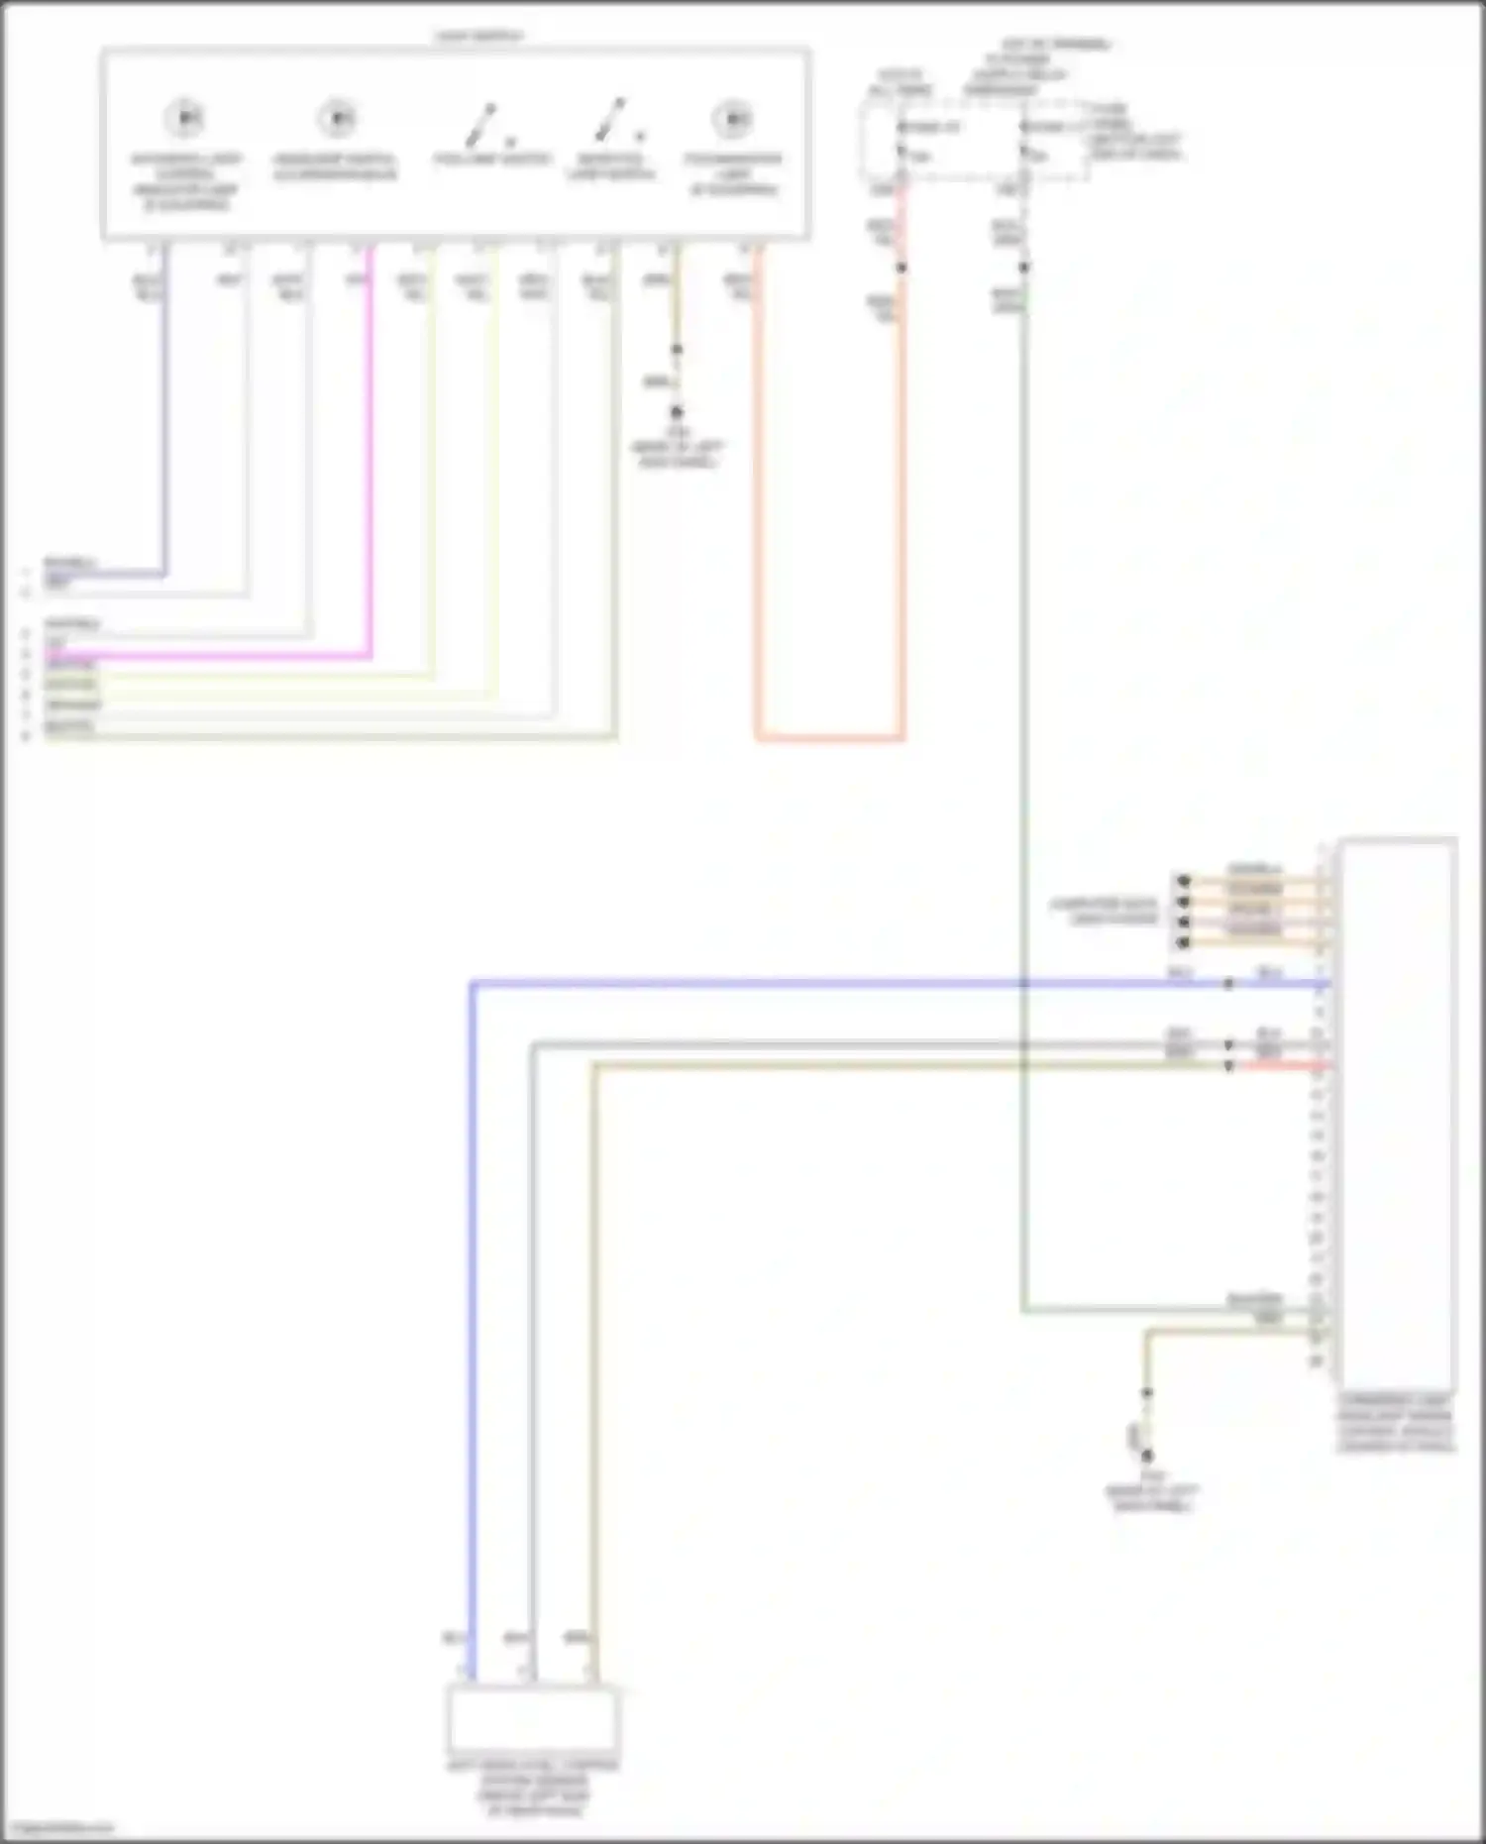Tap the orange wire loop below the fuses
pyautogui.click(x=830, y=737)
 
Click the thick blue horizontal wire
pyautogui.click(x=793, y=984)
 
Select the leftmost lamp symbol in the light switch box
pyautogui.click(x=184, y=118)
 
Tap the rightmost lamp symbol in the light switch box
pyautogui.click(x=733, y=118)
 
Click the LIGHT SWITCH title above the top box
pyautogui.click(x=479, y=37)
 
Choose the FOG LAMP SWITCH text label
pyautogui.click(x=491, y=159)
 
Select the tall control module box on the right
pyautogui.click(x=1397, y=1110)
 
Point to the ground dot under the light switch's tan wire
pyautogui.click(x=677, y=411)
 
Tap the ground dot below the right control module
pyautogui.click(x=1147, y=1456)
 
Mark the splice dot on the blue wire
pyautogui.click(x=1228, y=984)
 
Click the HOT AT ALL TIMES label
pyautogui.click(x=900, y=82)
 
